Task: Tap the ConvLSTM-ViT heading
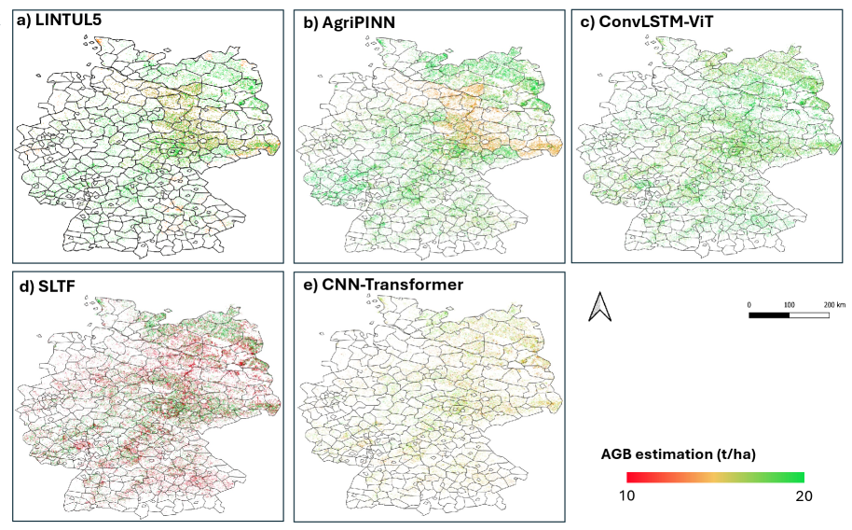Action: point(644,24)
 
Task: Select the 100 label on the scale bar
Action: point(789,305)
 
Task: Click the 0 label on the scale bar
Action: point(750,305)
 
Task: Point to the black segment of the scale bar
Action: point(770,315)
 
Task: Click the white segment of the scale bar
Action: point(809,315)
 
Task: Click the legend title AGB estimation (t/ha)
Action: point(678,454)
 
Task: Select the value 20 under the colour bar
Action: point(804,495)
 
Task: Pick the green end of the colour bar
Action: point(799,478)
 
